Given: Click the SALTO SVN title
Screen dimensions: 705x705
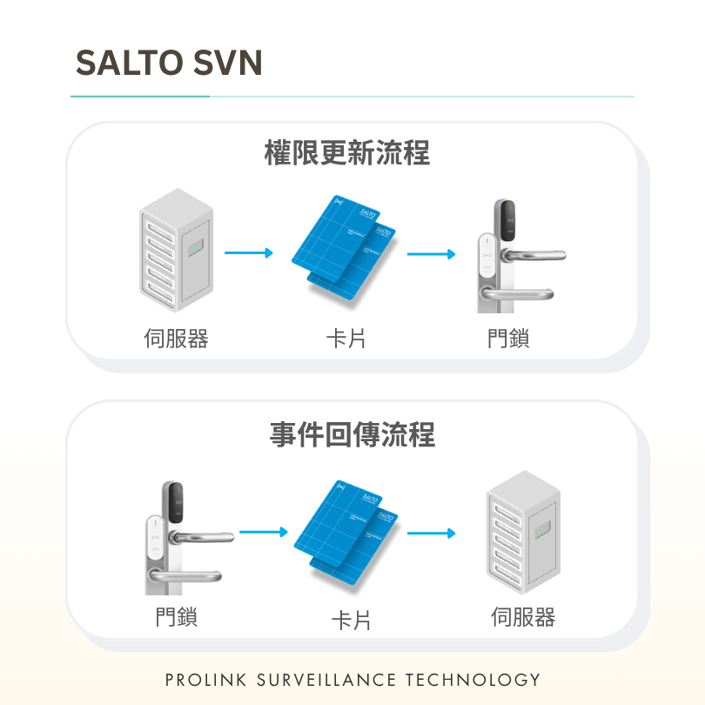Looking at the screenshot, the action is point(169,63).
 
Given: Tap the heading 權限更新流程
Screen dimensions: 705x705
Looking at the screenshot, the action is point(347,153).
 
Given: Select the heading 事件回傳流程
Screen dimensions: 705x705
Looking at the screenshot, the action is point(352,435).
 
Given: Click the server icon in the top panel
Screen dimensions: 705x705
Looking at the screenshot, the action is point(176,251).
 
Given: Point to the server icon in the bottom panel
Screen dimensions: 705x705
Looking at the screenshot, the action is point(523,533).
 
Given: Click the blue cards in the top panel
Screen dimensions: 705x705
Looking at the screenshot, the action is point(344,247).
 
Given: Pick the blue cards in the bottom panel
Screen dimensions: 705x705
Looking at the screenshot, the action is point(346,533).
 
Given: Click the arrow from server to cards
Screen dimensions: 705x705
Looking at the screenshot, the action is point(249,252).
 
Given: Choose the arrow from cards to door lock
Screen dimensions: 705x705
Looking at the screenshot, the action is point(431,254).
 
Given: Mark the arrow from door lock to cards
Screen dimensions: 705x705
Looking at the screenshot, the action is point(264,532).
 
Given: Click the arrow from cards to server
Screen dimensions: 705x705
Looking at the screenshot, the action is point(431,534).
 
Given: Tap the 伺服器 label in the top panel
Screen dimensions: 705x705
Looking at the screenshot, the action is point(176,338).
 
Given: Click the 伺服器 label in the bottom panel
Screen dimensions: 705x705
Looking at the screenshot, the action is point(523,617).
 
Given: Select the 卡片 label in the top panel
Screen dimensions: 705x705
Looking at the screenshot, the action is point(346,339).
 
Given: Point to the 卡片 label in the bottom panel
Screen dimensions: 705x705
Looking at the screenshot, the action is point(351,621).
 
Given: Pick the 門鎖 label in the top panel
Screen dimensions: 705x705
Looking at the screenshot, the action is point(508,338).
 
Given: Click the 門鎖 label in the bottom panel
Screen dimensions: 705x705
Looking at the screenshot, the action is point(176,616).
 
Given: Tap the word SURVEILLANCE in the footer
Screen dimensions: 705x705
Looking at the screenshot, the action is point(326,680).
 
